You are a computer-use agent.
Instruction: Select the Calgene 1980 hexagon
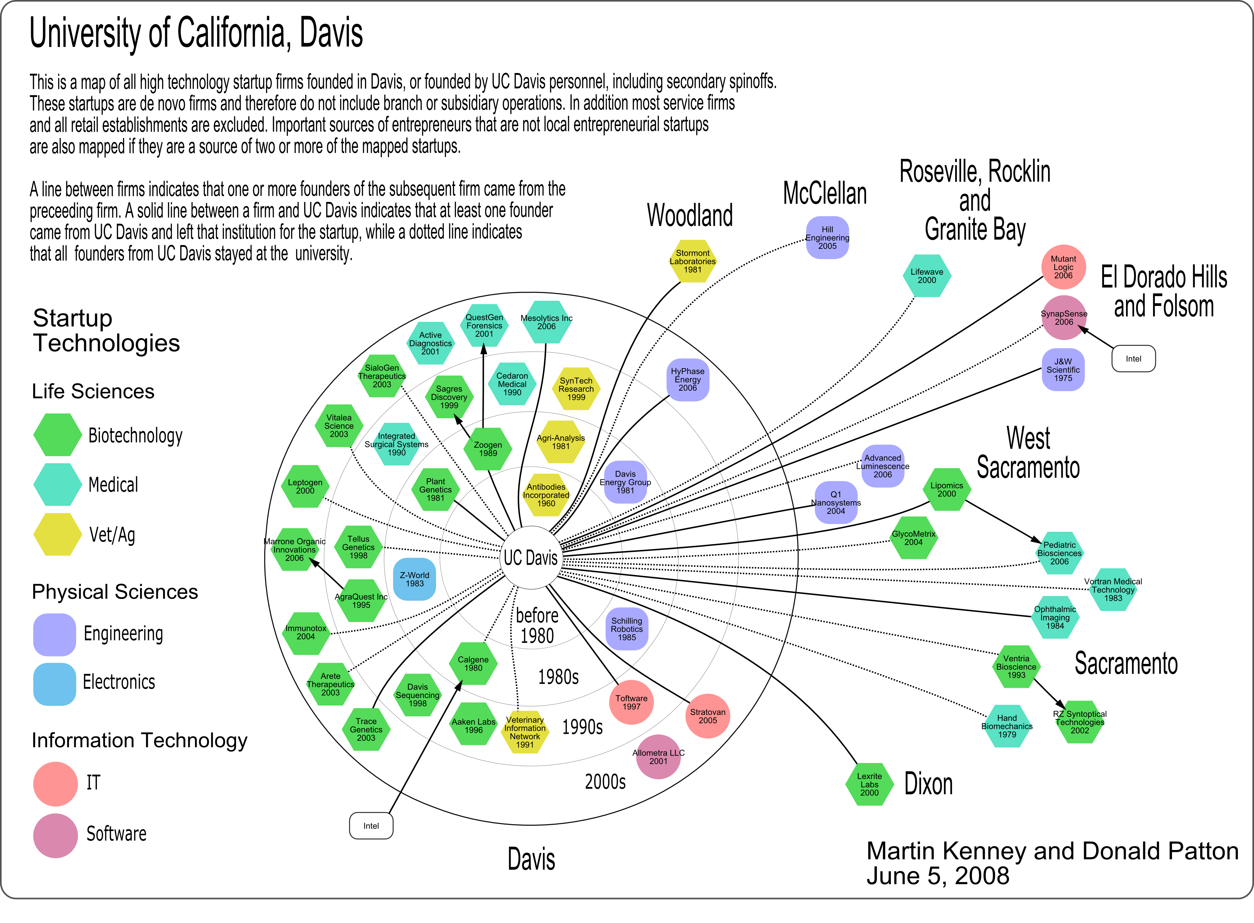coord(473,664)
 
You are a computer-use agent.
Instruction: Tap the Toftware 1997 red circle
coord(631,702)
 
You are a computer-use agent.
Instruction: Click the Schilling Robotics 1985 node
coord(627,629)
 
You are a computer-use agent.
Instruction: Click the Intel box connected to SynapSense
coord(1133,359)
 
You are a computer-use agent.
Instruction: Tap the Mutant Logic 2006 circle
coord(1064,267)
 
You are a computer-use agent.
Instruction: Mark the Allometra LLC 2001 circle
coord(658,757)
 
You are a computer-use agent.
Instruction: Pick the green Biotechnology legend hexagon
coord(57,435)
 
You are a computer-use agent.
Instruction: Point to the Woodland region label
coord(690,216)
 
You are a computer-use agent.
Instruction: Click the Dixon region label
coord(928,784)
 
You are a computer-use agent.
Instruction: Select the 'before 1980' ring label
coord(537,626)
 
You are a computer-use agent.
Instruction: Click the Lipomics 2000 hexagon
coord(947,489)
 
